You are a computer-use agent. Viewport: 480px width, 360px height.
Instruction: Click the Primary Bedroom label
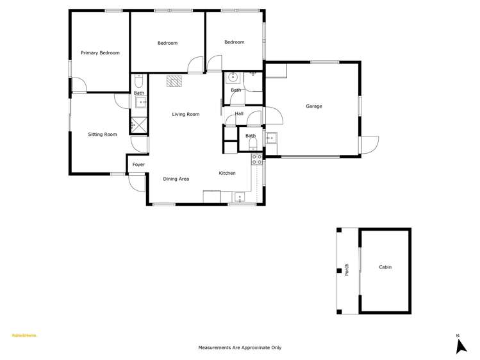coord(100,53)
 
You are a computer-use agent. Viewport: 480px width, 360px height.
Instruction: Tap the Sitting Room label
coord(103,135)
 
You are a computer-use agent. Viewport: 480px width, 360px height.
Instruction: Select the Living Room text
coord(185,115)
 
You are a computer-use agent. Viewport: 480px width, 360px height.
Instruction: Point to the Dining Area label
coord(176,179)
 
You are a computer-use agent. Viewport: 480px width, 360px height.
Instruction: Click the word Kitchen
coord(227,174)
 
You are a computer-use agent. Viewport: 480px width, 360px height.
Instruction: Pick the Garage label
coord(313,106)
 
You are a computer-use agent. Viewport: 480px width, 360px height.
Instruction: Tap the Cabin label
coord(385,267)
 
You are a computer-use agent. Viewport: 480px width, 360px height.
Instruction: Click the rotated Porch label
coord(347,270)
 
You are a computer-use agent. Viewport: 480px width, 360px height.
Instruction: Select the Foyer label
coord(138,165)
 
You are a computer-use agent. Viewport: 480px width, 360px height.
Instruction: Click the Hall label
coord(239,114)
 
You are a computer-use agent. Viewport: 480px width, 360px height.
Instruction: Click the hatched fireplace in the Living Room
coord(174,81)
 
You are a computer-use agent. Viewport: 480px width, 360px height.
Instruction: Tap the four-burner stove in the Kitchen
coord(256,159)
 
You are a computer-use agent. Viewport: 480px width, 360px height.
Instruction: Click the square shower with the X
coord(138,126)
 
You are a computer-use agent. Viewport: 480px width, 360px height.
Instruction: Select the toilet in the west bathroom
coord(139,81)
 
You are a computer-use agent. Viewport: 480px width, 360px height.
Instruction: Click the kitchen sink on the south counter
coord(240,197)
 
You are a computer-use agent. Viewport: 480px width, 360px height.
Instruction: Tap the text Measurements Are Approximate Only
coord(240,348)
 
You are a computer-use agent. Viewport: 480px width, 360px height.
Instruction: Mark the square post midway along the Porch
coord(340,270)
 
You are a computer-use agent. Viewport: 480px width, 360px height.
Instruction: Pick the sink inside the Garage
coord(271,137)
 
